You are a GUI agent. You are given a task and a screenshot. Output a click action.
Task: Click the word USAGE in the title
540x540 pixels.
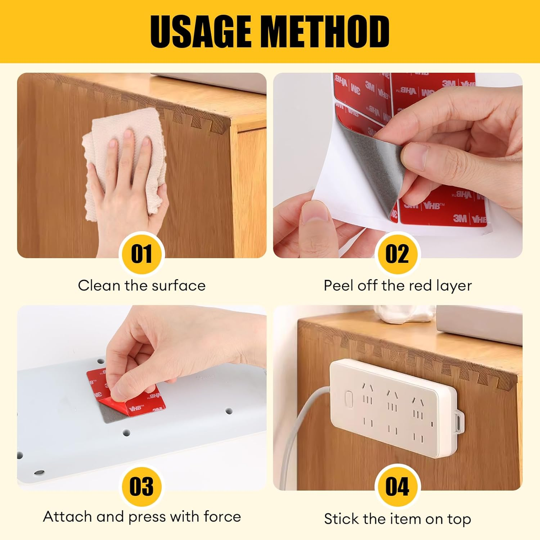pos(200,32)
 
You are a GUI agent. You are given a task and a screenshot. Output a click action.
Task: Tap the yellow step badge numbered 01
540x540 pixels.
pos(141,254)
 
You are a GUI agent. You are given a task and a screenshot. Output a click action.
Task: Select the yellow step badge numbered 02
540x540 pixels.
pos(397,254)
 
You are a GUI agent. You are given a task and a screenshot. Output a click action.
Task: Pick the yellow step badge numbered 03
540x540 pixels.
pos(141,486)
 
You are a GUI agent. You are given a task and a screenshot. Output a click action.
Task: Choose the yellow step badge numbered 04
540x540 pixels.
pos(397,486)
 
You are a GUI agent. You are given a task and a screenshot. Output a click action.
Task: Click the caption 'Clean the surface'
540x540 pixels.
pos(141,285)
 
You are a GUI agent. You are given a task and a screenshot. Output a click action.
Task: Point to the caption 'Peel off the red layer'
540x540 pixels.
pos(397,285)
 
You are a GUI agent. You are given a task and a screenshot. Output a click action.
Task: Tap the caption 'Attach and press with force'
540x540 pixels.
pos(142,517)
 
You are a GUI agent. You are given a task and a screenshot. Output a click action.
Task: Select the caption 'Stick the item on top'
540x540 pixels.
pos(397,519)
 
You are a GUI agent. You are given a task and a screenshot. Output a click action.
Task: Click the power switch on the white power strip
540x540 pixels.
pos(348,399)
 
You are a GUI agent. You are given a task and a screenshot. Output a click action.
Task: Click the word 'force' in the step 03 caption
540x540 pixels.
pos(222,517)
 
